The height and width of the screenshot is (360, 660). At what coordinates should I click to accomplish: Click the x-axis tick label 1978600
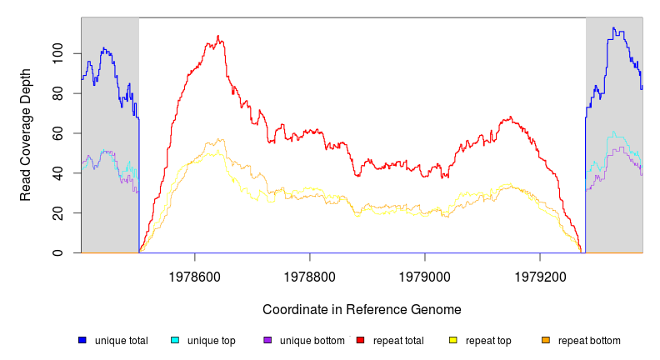pos(195,272)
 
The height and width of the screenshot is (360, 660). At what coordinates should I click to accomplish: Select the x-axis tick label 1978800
pos(310,272)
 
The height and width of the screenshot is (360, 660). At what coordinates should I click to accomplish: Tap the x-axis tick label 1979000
pos(425,272)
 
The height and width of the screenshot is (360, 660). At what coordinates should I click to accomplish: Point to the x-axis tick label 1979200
pos(540,272)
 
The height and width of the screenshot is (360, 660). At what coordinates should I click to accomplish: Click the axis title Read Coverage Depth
pos(26,135)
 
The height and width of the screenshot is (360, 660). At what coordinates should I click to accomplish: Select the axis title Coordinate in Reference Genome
pos(362,309)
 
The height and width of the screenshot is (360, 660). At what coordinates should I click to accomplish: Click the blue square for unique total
pos(82,340)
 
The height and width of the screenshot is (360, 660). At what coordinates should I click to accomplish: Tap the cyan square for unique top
pos(175,340)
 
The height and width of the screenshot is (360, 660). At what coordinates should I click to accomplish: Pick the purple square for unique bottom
pos(267,340)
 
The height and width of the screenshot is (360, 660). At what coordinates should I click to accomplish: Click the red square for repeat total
pos(360,340)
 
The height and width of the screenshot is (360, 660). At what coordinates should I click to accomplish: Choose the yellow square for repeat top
pos(453,340)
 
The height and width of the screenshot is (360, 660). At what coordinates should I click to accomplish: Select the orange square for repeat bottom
pos(546,340)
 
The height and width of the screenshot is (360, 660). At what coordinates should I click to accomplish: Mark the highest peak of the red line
pos(218,36)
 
